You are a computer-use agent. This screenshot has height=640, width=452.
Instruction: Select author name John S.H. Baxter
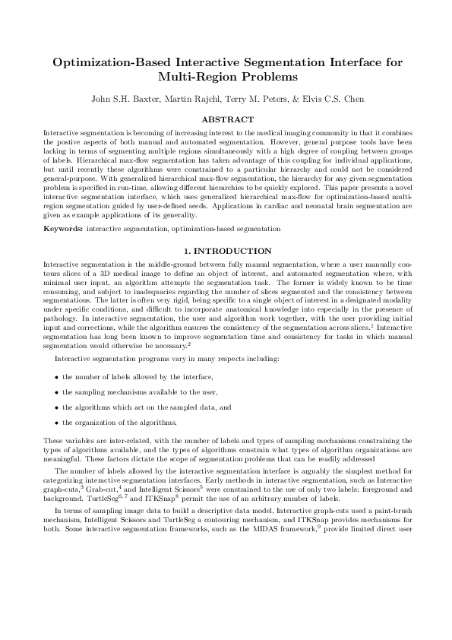[123, 99]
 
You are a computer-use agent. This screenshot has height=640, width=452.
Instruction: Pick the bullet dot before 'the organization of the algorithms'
[57, 423]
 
